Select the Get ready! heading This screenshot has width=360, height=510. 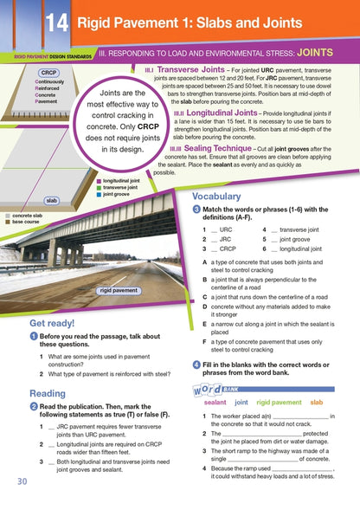40,324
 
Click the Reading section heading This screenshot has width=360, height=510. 35,392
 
